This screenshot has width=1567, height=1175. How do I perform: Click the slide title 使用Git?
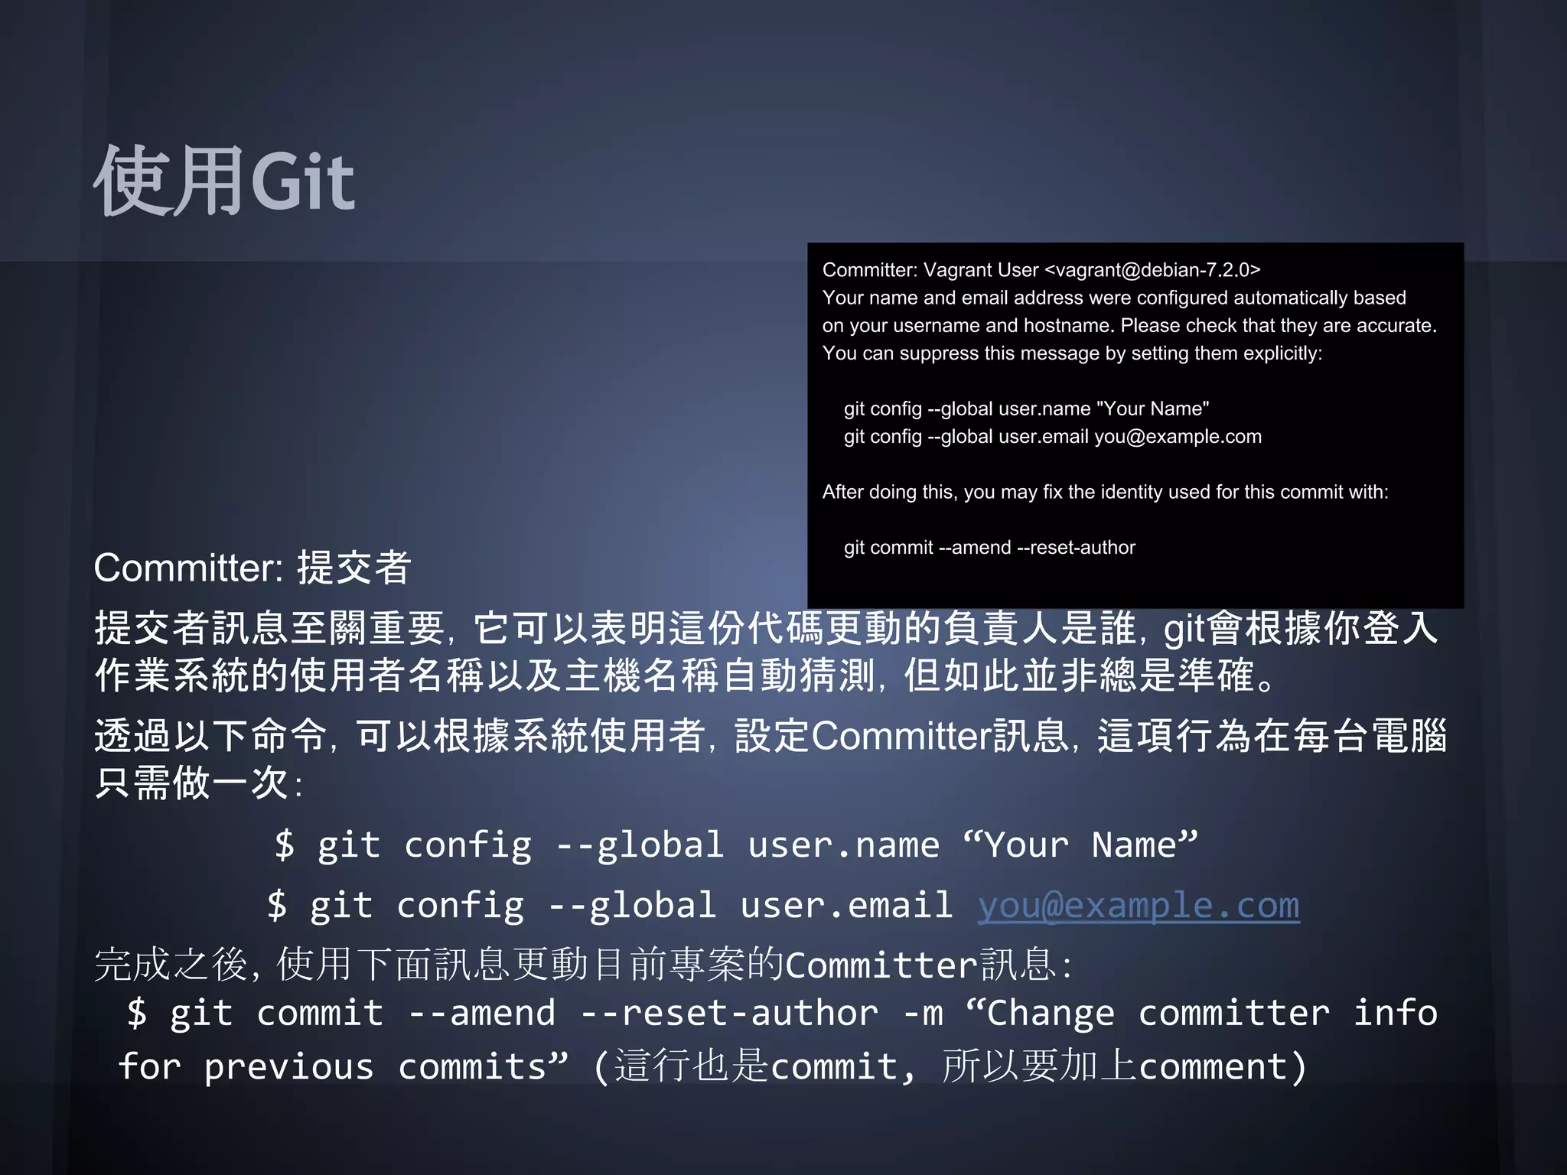point(223,181)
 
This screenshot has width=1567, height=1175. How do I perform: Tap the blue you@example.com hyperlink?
point(1138,906)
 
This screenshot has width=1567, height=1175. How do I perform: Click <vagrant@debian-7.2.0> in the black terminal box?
point(1152,270)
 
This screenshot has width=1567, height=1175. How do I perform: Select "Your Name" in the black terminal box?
point(1152,408)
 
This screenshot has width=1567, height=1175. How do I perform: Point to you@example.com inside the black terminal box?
point(1178,436)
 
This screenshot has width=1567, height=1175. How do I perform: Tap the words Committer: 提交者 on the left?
point(252,568)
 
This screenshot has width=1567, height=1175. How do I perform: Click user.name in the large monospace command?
point(843,845)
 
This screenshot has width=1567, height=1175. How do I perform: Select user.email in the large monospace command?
point(846,906)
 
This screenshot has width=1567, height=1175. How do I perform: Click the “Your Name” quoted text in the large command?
point(1080,845)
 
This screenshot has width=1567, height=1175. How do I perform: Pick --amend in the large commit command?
point(482,1014)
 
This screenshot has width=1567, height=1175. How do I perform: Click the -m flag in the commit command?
point(923,1014)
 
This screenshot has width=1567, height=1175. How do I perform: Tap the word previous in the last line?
point(288,1067)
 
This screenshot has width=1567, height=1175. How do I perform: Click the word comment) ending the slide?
point(1222,1067)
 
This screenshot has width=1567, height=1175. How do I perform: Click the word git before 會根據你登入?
point(1184,629)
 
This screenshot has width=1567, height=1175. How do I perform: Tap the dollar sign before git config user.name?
point(284,845)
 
